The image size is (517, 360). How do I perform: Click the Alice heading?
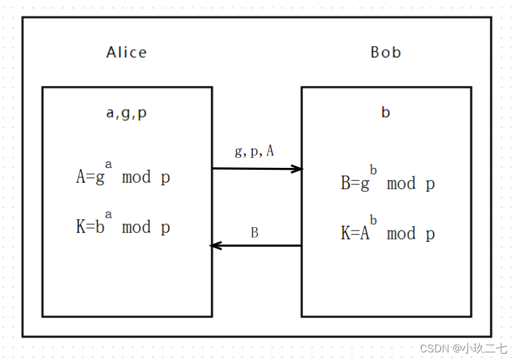[x=126, y=52]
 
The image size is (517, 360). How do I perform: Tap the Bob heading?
[x=386, y=52]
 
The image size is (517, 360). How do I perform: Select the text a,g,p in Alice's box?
[x=126, y=114]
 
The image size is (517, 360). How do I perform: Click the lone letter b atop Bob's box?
[x=386, y=114]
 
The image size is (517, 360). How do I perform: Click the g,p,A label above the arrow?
[x=255, y=151]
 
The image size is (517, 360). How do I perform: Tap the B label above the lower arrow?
[x=255, y=233]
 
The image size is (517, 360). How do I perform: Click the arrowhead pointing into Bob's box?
[x=297, y=169]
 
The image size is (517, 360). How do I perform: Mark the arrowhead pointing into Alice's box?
[x=216, y=246]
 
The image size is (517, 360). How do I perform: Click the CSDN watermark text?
[x=434, y=349]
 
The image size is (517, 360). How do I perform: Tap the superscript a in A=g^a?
[x=109, y=164]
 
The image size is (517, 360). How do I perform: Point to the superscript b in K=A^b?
[x=373, y=220]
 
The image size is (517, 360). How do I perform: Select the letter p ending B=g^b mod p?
[x=430, y=184]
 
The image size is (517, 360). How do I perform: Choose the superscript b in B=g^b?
[x=373, y=170]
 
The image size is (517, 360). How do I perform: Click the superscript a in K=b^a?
[x=109, y=214]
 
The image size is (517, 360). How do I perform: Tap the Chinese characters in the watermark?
[x=484, y=349]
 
